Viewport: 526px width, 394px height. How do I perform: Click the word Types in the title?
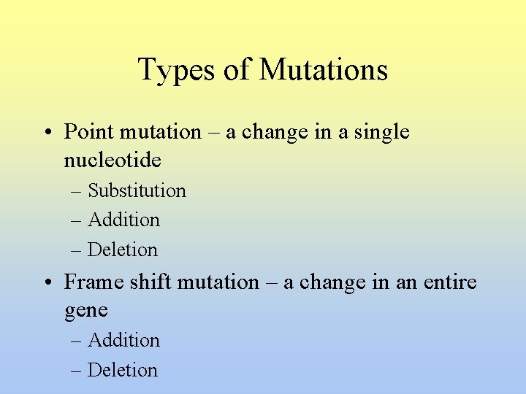[x=173, y=71]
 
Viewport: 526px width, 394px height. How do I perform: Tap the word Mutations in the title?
[x=324, y=70]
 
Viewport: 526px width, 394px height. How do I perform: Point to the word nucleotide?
[x=113, y=159]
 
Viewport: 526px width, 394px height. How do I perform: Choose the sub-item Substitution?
[x=137, y=190]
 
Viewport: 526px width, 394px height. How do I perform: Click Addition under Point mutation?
[x=123, y=220]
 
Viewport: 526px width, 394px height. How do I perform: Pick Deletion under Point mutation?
[x=122, y=250]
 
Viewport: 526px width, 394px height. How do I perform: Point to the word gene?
[x=86, y=311]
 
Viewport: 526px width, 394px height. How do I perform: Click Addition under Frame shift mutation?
[x=123, y=340]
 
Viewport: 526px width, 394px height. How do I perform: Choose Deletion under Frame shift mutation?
[x=122, y=370]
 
